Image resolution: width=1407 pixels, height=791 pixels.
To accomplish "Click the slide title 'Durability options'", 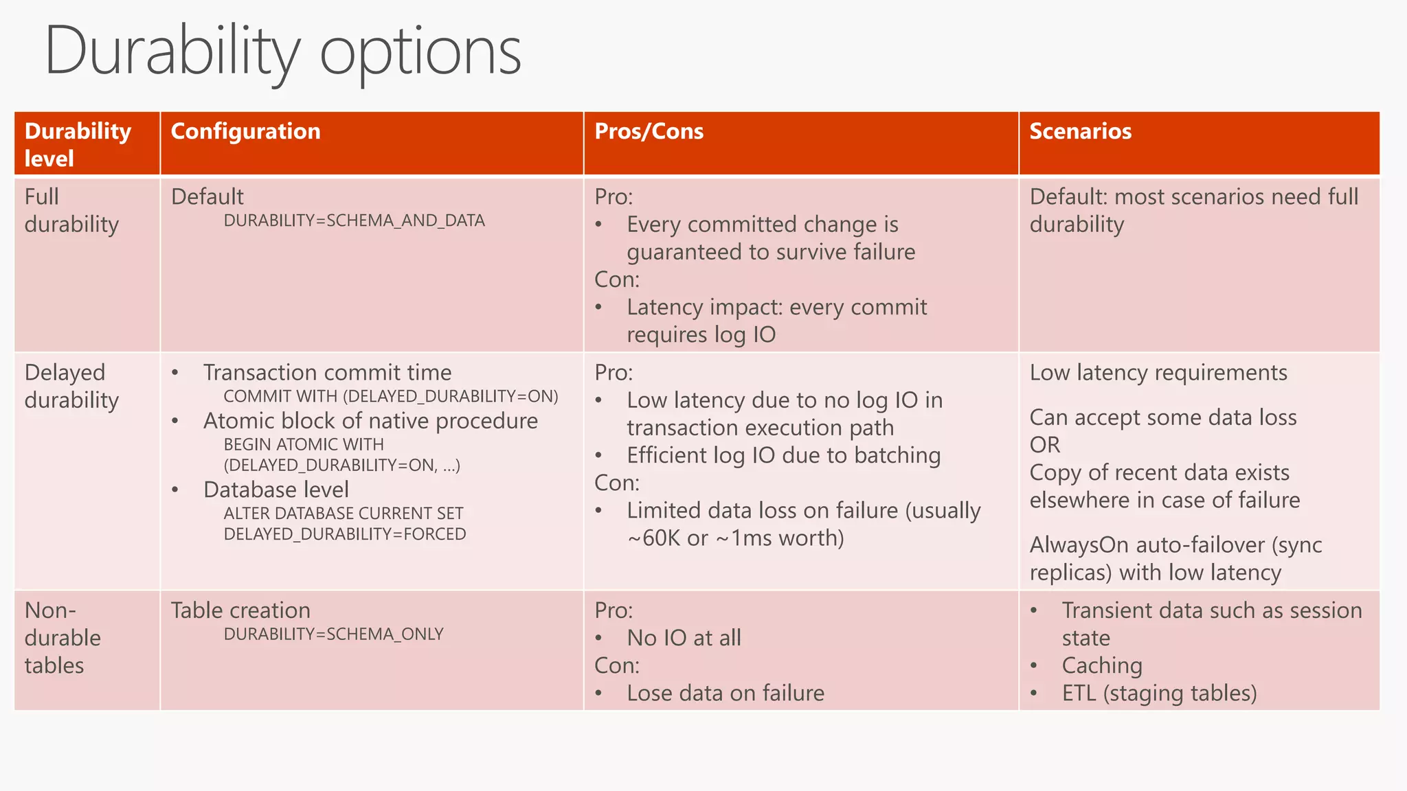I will pyautogui.click(x=282, y=51).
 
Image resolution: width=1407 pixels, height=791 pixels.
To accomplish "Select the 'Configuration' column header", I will pyautogui.click(x=245, y=131).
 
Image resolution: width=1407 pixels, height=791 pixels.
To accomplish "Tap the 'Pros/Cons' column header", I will pyautogui.click(x=649, y=131).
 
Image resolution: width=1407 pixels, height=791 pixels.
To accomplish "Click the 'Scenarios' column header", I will pyautogui.click(x=1080, y=131).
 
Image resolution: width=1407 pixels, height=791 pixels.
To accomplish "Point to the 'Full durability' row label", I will pyautogui.click(x=71, y=210).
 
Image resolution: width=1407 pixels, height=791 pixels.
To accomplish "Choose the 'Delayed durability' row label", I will pyautogui.click(x=71, y=386).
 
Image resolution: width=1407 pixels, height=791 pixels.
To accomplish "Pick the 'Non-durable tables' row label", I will pyautogui.click(x=62, y=637).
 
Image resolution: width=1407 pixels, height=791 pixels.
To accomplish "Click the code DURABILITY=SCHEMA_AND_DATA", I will pyautogui.click(x=354, y=220).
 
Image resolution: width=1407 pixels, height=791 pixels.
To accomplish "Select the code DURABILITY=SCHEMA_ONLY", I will pyautogui.click(x=333, y=634).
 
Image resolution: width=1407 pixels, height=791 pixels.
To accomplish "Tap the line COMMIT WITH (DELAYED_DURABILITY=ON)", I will pyautogui.click(x=390, y=396).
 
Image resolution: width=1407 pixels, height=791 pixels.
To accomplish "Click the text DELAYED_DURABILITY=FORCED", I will pyautogui.click(x=344, y=534).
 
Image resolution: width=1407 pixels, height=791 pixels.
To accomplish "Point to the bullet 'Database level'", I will pyautogui.click(x=275, y=490).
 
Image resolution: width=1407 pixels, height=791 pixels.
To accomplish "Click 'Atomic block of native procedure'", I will pyautogui.click(x=370, y=421).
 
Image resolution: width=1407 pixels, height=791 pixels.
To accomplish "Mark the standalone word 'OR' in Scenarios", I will pyautogui.click(x=1044, y=445).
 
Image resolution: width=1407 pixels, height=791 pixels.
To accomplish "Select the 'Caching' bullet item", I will pyautogui.click(x=1101, y=665).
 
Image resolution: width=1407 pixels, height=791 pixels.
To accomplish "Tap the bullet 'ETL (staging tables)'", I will pyautogui.click(x=1158, y=693).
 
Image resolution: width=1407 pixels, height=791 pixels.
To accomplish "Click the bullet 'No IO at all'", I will pyautogui.click(x=684, y=638).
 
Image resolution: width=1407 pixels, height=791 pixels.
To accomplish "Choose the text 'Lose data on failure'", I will pyautogui.click(x=725, y=693).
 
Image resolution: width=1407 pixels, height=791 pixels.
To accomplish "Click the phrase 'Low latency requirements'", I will pyautogui.click(x=1158, y=372).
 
